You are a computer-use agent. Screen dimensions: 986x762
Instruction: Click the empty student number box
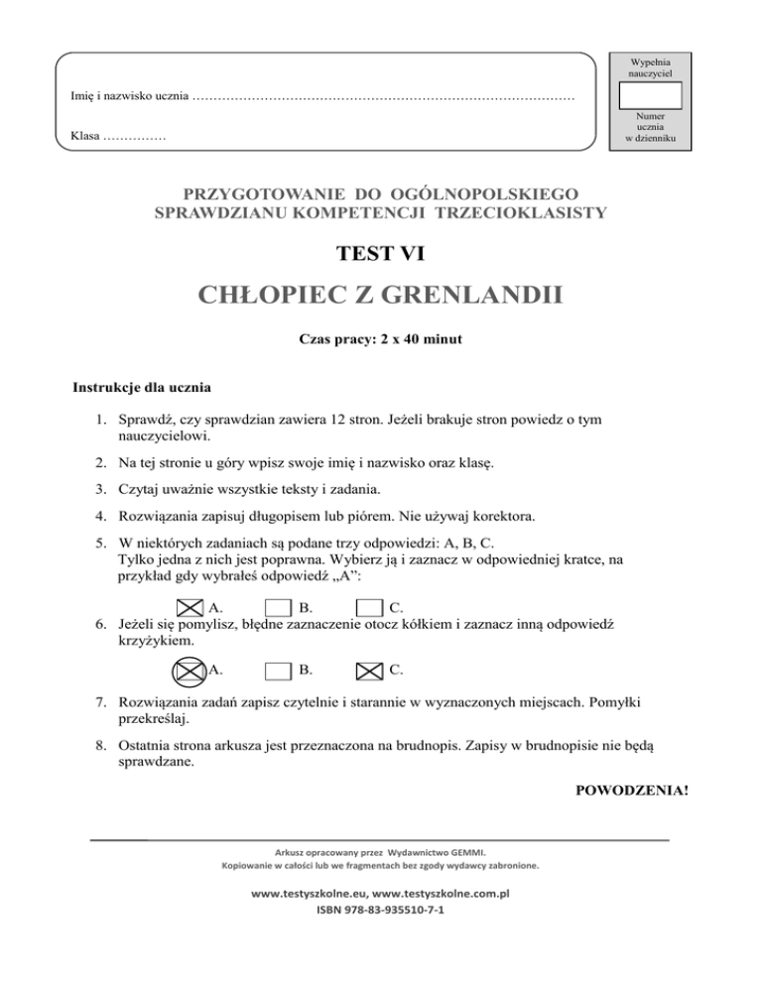point(650,96)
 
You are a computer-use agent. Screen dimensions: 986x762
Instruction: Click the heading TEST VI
point(381,255)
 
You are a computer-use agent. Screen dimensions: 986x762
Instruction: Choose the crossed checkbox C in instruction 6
point(369,671)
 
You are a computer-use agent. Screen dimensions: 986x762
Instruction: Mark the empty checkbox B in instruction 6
point(279,671)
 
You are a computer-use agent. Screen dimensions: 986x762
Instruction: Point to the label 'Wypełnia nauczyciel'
point(650,67)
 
